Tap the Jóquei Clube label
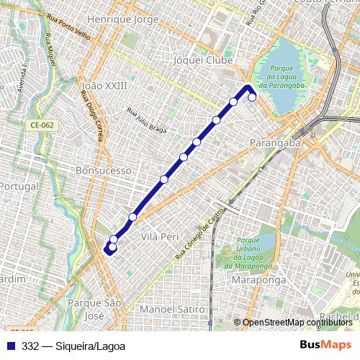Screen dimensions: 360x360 (204, 61)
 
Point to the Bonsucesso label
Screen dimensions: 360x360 (104, 171)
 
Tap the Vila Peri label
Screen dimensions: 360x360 (159, 236)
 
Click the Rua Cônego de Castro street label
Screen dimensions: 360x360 (201, 233)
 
